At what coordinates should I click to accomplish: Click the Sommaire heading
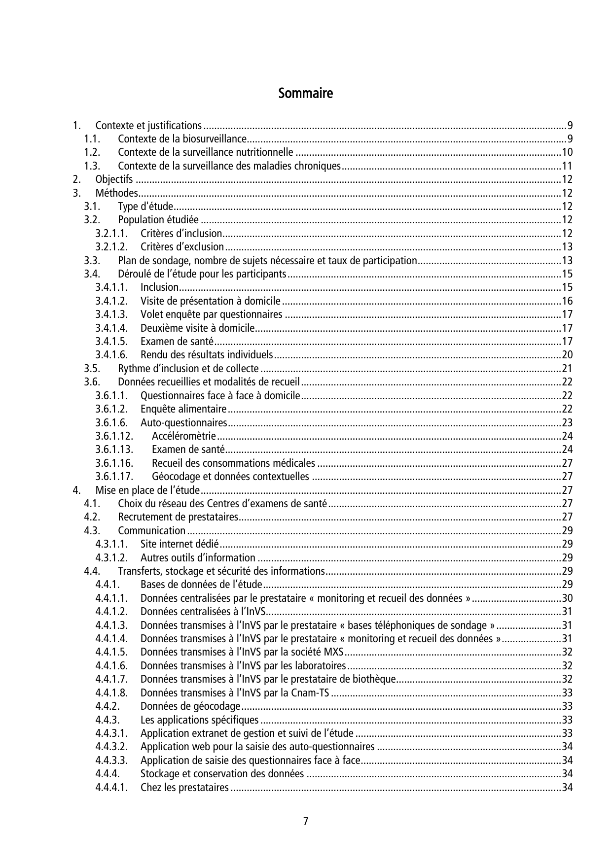point(305,93)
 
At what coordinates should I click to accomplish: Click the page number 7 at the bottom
point(306,821)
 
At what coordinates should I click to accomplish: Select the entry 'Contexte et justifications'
point(148,125)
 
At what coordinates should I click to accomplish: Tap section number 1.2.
point(92,152)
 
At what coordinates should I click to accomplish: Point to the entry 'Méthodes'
point(116,193)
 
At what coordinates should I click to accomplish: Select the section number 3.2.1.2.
point(111,247)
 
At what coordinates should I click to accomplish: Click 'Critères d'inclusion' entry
point(181,233)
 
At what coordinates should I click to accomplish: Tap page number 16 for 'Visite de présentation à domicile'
point(567,301)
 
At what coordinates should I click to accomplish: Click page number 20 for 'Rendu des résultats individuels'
point(567,355)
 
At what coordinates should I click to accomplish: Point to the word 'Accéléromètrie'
point(183,436)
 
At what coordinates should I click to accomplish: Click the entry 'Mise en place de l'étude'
point(147,490)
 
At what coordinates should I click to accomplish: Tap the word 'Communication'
point(151,531)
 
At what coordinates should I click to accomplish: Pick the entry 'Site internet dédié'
point(180,544)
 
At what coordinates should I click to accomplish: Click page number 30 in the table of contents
point(567,598)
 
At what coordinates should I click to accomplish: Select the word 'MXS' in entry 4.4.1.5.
point(334,652)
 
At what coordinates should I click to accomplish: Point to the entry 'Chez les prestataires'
point(184,787)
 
